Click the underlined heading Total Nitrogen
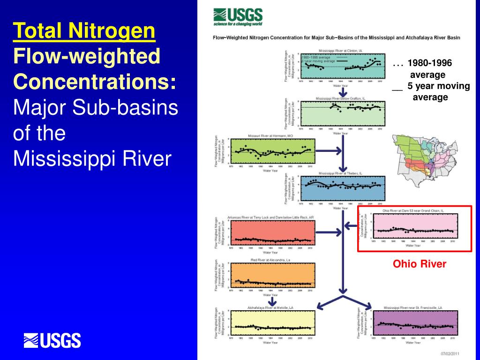pos(84,32)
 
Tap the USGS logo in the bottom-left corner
pos(52,340)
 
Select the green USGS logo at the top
pos(238,17)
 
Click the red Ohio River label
pos(420,264)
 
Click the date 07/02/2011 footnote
pos(450,353)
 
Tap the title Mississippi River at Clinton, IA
pos(340,50)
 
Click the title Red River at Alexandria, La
pos(270,260)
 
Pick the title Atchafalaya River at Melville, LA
pos(270,307)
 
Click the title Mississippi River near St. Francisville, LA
pos(413,307)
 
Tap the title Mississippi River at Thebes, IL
pos(340,173)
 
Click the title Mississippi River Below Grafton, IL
pos(340,98)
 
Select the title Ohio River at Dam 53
pos(413,211)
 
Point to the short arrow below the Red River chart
pos(270,301)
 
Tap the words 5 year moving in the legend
pos(438,86)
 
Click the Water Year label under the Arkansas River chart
pos(270,252)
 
